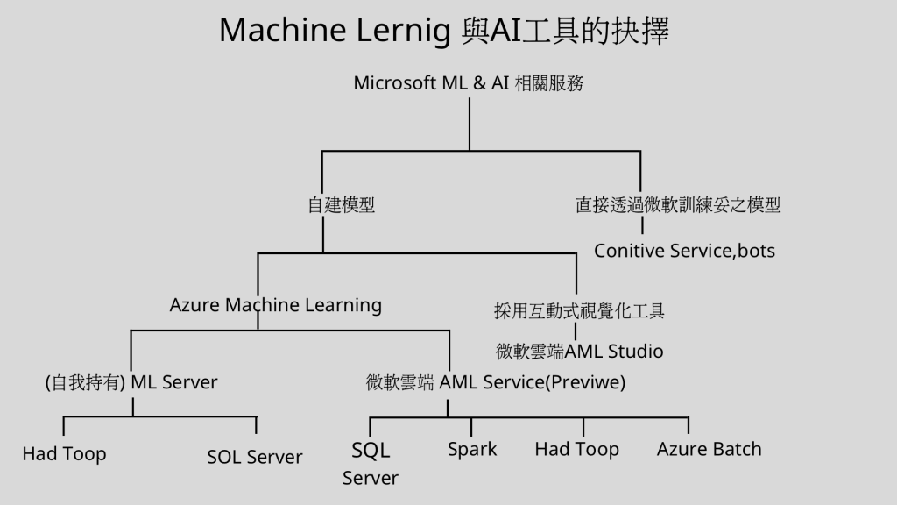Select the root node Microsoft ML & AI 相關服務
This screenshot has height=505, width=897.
coord(469,83)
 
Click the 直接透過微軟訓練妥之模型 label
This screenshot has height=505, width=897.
coord(678,205)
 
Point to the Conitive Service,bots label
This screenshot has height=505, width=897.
coord(684,252)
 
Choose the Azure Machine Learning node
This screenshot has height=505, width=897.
coord(275,305)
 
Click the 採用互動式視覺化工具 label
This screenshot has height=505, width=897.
coord(579,310)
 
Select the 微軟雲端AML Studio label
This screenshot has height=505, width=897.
coord(579,352)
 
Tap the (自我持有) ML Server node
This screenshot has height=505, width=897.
coord(131,382)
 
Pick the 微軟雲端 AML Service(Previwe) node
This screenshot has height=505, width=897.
coord(496,382)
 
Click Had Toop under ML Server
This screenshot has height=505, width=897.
coord(64,454)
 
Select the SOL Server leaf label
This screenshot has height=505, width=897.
coord(255,457)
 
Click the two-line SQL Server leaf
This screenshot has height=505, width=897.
coord(371,464)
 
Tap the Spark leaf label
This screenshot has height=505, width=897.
coord(472,450)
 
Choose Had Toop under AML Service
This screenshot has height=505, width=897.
coord(577,450)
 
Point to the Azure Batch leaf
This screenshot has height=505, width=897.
coord(710,450)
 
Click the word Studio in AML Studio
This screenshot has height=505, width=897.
coord(632,352)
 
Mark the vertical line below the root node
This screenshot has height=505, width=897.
coord(470,123)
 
